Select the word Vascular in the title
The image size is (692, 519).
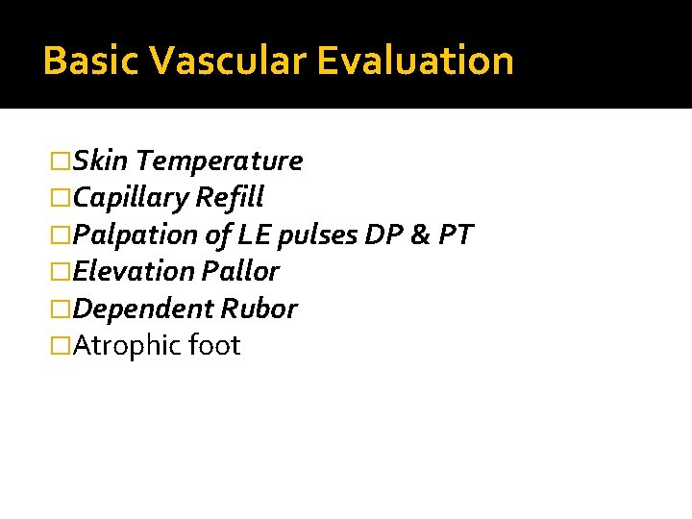[x=228, y=61]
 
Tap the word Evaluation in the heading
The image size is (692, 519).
[x=415, y=61]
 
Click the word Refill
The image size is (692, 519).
[x=229, y=198]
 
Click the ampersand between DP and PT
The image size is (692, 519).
[x=418, y=235]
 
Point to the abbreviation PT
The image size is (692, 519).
[x=455, y=235]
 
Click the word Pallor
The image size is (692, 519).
[x=240, y=271]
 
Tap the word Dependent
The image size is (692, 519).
[x=143, y=309]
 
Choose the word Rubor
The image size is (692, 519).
[x=259, y=309]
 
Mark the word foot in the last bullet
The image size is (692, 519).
[x=214, y=345]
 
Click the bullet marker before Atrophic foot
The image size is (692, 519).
[x=62, y=346]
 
